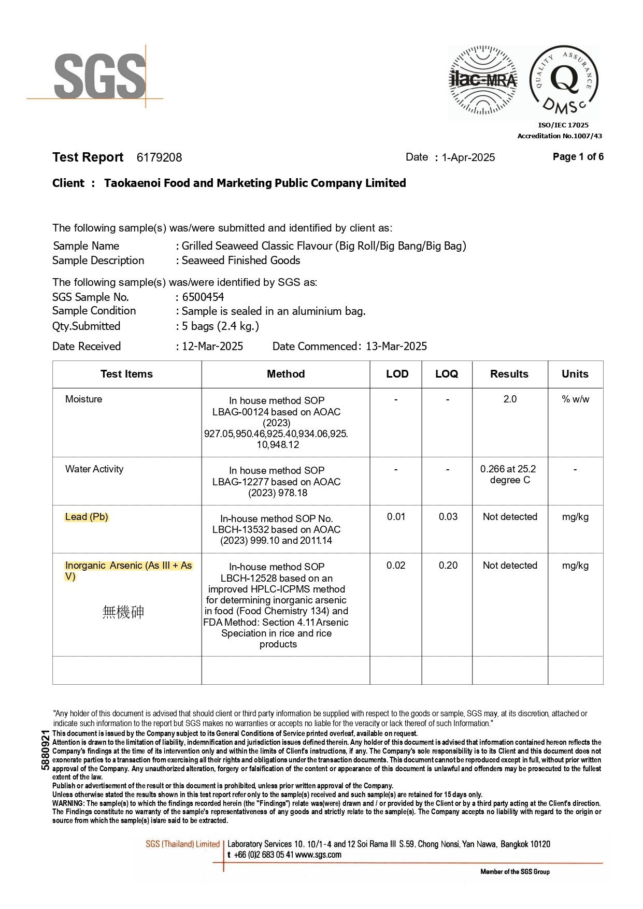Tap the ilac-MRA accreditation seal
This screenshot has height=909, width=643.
pos(482,80)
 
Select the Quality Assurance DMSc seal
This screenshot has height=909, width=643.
pos(564,80)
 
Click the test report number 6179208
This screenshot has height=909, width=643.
pos(159,157)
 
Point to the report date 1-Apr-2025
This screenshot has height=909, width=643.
pos(468,157)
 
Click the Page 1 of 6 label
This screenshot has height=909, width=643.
pos(578,156)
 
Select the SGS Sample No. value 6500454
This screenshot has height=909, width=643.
pos(203,297)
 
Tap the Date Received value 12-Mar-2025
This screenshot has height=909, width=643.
pos(212,346)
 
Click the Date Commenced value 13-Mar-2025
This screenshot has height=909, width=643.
pos(396,346)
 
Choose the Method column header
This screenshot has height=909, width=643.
pos(285,374)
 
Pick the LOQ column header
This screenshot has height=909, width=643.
pos(447,374)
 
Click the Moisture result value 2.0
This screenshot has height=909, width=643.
pos(510,399)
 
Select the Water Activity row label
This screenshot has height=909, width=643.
pos(94,469)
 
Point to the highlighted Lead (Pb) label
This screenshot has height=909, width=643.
pos(87,517)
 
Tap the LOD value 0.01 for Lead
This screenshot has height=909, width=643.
pos(396,516)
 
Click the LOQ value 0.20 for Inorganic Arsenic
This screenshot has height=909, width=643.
pos(448,565)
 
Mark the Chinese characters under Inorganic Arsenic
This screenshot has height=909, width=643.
pos(123,612)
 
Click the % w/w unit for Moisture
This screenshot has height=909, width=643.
pos(575,399)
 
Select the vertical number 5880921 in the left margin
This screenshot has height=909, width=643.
pos(46,749)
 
